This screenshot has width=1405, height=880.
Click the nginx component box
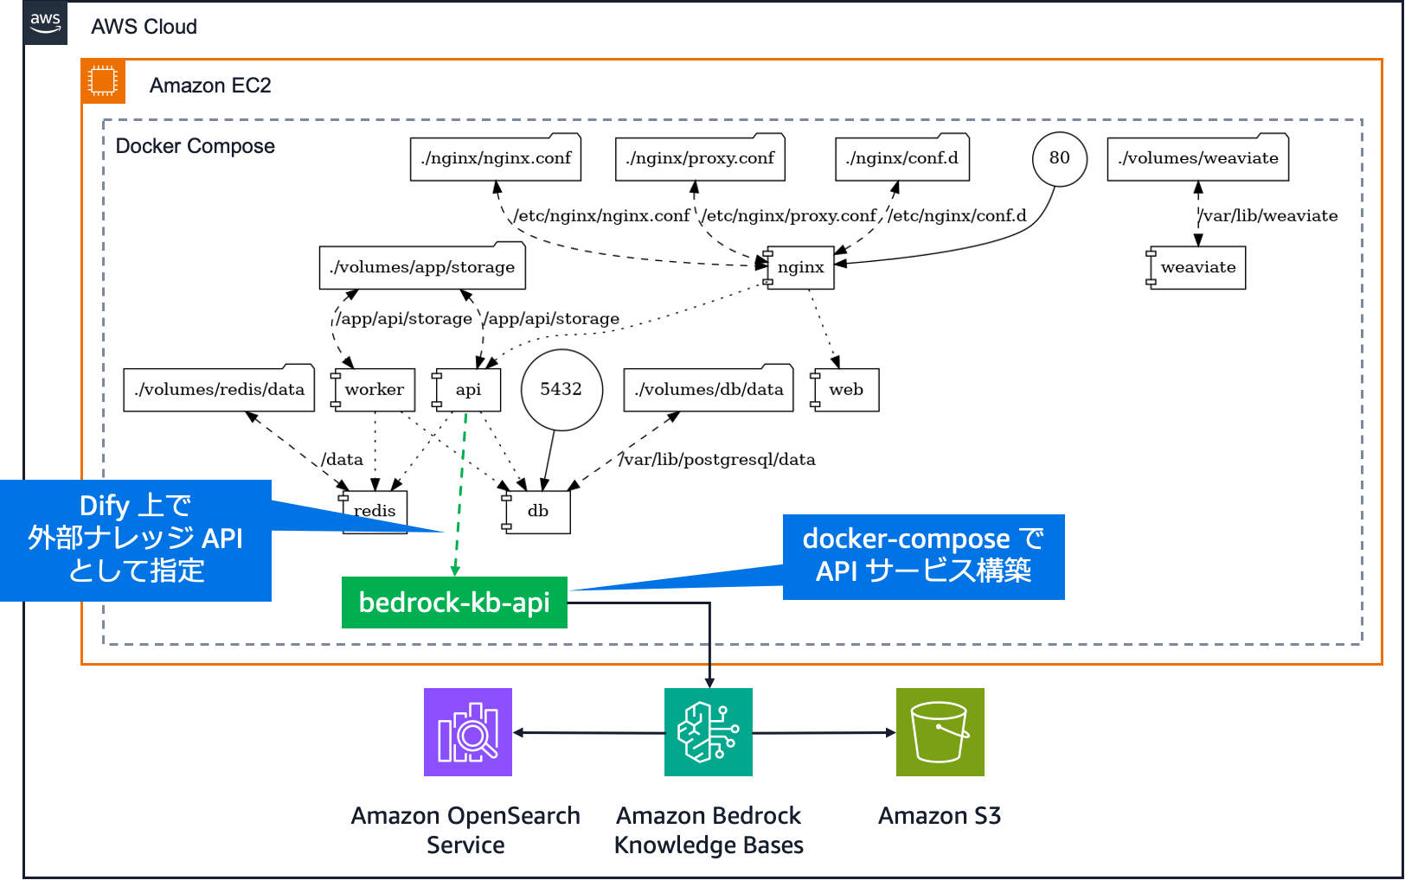pos(800,267)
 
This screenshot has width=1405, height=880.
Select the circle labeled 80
pos(1059,158)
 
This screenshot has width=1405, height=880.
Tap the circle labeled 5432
pos(561,389)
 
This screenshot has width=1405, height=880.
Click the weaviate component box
pos(1197,267)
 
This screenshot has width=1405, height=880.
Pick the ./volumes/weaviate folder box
pos(1197,158)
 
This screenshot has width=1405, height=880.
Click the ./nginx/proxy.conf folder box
pos(700,158)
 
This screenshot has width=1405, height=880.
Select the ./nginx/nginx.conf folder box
pos(496,158)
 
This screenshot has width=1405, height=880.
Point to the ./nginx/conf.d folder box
pos(902,158)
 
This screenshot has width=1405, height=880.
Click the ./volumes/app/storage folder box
pos(422,267)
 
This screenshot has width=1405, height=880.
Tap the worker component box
pos(374,389)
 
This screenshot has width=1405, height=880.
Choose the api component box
pos(468,389)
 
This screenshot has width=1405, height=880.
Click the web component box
pos(846,389)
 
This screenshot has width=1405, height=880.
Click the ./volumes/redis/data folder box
pos(219,389)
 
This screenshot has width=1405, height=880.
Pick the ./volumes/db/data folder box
pos(709,389)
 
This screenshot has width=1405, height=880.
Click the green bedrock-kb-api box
pos(454,603)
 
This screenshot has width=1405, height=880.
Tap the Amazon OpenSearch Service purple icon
pos(468,732)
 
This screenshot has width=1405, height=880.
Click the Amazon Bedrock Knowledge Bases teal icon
pos(709,732)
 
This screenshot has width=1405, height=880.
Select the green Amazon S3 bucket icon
pos(940,732)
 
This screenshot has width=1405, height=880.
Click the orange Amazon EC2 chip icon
pos(103,81)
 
